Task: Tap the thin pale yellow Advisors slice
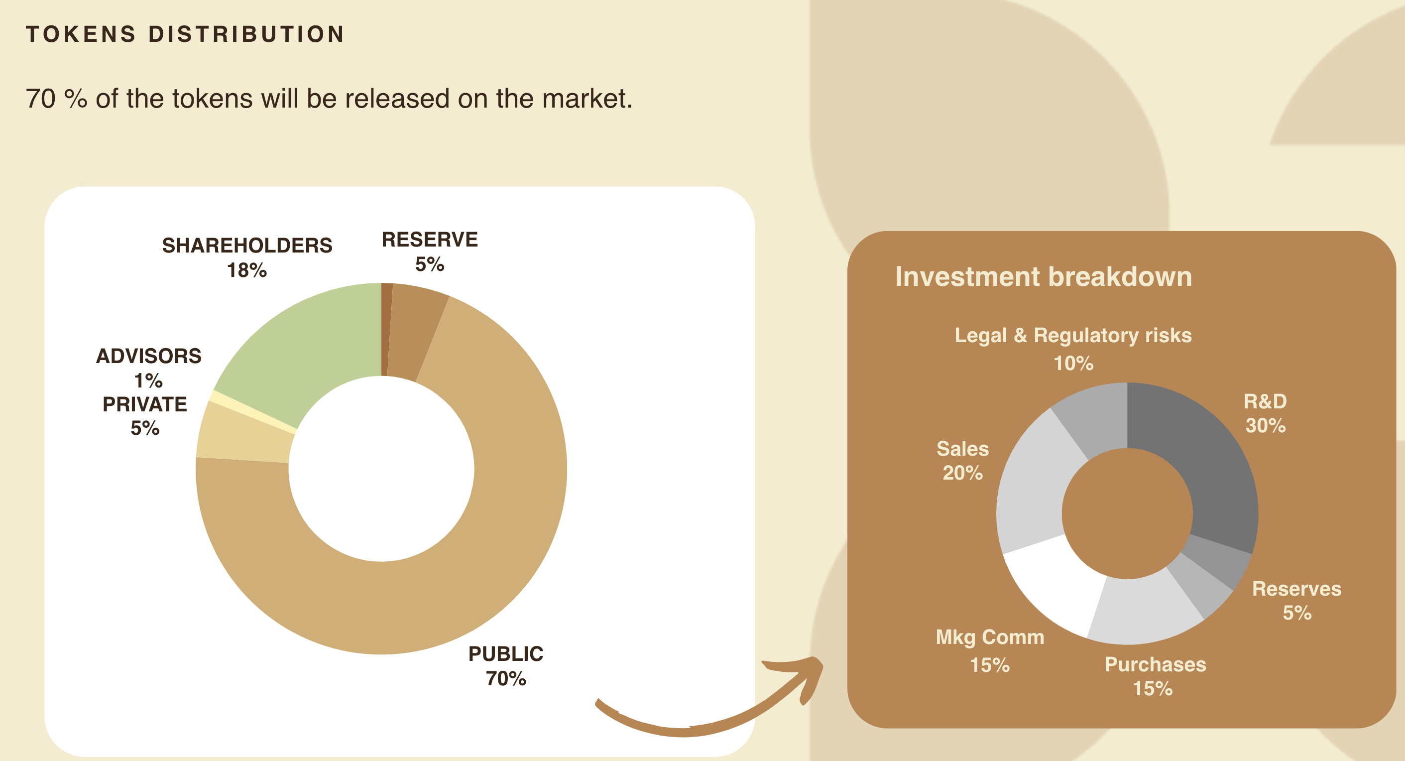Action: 252,412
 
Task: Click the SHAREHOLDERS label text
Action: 247,246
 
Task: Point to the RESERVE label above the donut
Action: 430,240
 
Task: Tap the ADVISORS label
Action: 149,356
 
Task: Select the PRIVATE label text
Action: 144,404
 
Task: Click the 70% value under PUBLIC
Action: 506,679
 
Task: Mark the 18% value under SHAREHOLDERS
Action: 247,270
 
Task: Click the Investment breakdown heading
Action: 1044,276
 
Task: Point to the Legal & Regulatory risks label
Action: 1073,336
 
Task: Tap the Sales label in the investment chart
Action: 963,448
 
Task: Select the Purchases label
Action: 1155,665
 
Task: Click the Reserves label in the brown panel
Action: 1296,589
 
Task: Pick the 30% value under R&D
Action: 1266,425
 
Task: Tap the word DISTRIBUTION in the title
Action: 246,34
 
